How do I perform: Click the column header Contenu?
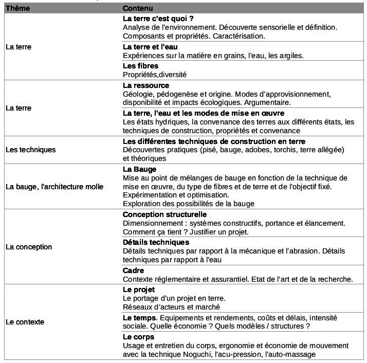tap(137, 9)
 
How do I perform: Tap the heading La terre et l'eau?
tap(150, 47)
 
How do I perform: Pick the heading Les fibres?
tap(140, 66)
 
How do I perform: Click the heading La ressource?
tap(146, 85)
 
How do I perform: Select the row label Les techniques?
tap(30, 150)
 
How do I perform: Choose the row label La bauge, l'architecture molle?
tap(54, 187)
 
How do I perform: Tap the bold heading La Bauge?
tap(140, 169)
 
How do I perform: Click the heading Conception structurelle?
tap(164, 214)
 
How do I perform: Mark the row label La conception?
tap(29, 247)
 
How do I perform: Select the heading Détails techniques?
tap(156, 242)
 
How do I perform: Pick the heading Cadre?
tap(133, 270)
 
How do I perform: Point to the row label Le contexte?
tap(25, 322)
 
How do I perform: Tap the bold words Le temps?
tap(140, 318)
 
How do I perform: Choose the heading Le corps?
tap(138, 337)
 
